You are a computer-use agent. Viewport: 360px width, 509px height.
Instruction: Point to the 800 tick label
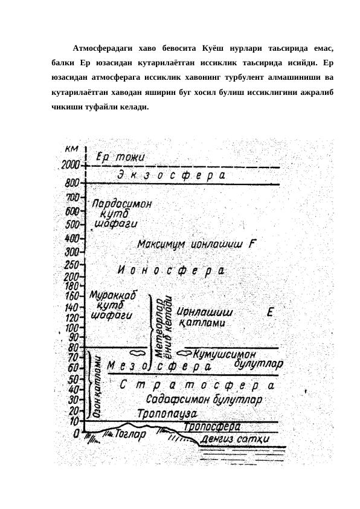pos(72,183)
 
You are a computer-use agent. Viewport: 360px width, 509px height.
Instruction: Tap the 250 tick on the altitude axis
pos(73,265)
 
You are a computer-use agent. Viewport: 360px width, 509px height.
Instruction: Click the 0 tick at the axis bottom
pos(76,433)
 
